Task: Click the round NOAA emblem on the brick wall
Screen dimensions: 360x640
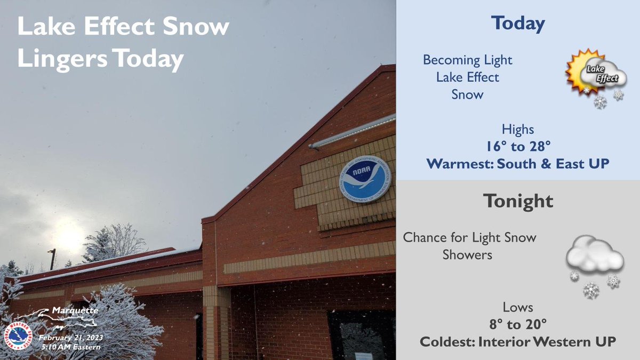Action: point(365,179)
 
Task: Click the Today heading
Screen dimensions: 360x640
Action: point(518,23)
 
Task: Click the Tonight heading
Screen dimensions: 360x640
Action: point(518,201)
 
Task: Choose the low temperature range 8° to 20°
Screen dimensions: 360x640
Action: point(518,324)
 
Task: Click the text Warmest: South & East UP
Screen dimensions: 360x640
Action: point(518,164)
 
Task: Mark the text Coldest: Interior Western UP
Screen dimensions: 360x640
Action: point(518,341)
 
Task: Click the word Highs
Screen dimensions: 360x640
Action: point(518,129)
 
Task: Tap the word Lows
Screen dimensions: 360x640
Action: point(518,307)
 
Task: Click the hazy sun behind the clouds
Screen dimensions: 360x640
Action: point(69,237)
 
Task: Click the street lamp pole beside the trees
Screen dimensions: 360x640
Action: point(52,259)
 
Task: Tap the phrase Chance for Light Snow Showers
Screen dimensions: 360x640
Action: point(469,245)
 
